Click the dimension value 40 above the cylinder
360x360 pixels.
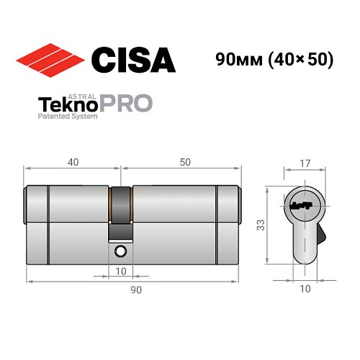(x=73, y=163)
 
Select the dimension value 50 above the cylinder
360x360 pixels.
(x=186, y=163)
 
